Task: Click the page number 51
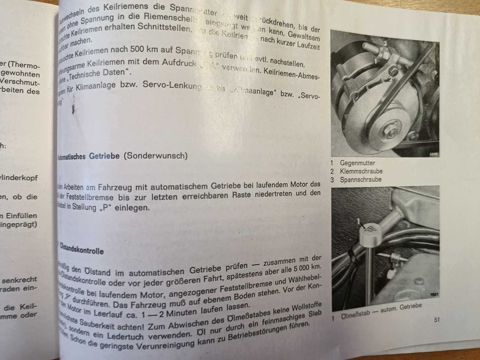436,320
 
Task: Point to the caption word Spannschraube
361,179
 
